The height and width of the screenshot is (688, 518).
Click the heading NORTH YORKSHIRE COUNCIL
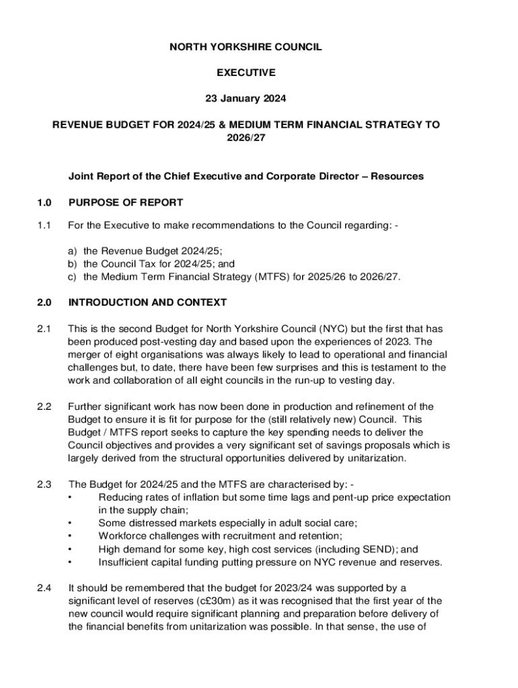[246, 47]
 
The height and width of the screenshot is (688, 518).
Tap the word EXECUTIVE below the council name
[246, 73]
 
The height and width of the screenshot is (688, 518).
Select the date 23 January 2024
[246, 99]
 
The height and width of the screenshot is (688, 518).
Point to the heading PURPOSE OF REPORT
[126, 202]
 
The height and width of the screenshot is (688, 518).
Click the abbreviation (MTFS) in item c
[266, 276]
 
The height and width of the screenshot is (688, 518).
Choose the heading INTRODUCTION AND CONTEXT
[147, 302]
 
